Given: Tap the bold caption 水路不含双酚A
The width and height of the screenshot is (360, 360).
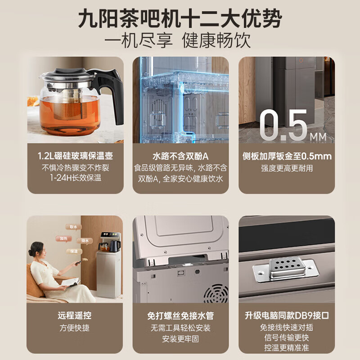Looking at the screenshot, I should (x=180, y=156).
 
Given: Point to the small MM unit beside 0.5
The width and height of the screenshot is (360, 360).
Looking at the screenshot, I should (x=320, y=135).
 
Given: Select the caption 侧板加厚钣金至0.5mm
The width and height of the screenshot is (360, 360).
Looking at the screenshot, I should (x=286, y=156).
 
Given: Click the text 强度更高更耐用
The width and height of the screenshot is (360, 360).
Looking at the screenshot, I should (x=286, y=168).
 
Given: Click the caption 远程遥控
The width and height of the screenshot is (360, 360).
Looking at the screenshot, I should (x=75, y=315).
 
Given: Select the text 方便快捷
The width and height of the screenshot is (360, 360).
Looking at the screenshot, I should (x=75, y=328).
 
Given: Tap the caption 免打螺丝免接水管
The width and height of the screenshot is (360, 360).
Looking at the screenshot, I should (x=180, y=315).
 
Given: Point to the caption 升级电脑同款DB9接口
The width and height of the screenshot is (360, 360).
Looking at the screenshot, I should (x=286, y=315).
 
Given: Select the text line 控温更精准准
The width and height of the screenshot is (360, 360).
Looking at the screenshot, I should (x=286, y=347).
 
